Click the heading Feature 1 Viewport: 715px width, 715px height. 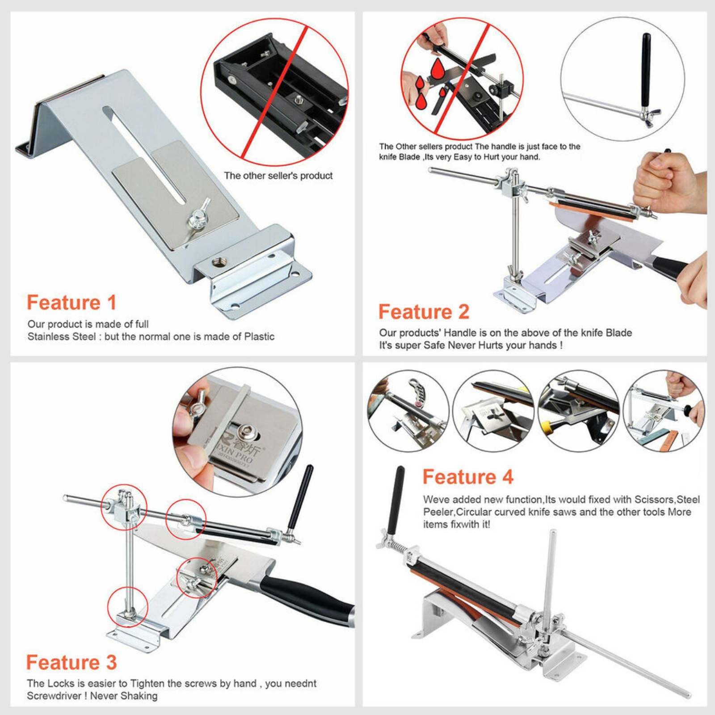[x=71, y=303]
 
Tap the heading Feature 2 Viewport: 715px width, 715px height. [x=424, y=312]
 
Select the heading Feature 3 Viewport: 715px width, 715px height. [x=71, y=662]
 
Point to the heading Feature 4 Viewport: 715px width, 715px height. [x=468, y=477]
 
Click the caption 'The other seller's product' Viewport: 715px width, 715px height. [x=278, y=176]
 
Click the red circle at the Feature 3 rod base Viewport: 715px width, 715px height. [x=128, y=607]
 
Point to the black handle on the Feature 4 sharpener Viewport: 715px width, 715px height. [x=396, y=500]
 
